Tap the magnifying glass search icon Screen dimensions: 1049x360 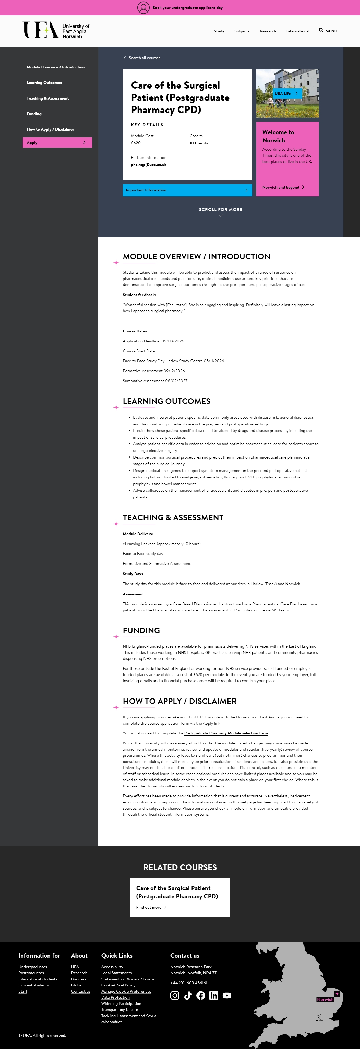point(321,30)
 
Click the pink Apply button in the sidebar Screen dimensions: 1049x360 point(57,142)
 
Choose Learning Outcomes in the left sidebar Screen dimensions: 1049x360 point(44,83)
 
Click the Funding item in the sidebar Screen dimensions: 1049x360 point(34,114)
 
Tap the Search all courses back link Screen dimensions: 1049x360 point(142,58)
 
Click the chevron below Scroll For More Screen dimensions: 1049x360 point(221,216)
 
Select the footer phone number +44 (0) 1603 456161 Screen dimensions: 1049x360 point(188,983)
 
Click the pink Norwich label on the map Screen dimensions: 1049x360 point(325,999)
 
